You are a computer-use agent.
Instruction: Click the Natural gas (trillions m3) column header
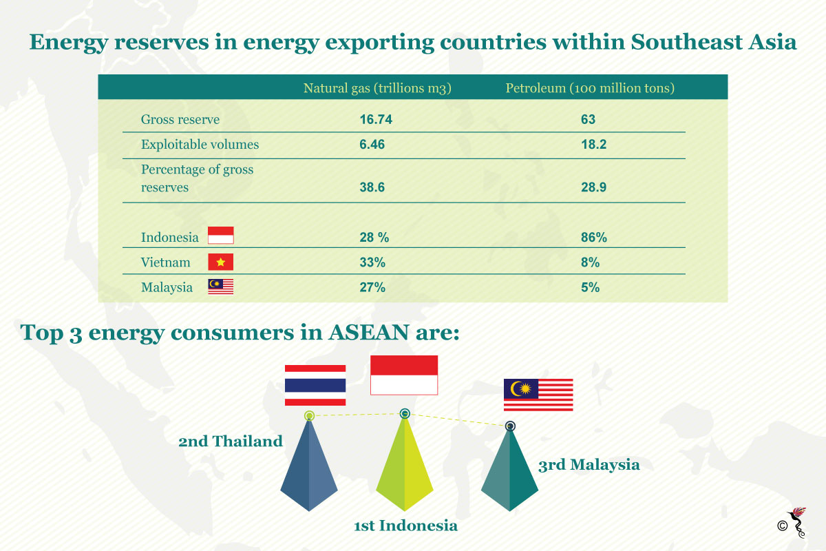coord(377,88)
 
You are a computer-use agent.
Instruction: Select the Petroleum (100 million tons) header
coord(590,88)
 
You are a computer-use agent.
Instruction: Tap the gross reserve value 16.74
coord(376,119)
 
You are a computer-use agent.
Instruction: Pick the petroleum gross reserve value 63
coord(588,119)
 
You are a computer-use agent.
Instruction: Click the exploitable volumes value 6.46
coord(372,145)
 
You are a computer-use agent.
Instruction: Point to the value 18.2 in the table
coord(593,145)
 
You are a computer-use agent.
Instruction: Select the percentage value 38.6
coord(372,187)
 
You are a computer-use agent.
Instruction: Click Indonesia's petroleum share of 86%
coord(593,237)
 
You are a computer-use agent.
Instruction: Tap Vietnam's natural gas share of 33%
coord(372,262)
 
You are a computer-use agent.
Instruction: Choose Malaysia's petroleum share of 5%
coord(590,287)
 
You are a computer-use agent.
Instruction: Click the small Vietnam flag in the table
coord(220,262)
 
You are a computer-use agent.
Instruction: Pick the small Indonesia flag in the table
coord(220,236)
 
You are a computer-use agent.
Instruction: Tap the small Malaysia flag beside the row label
coord(220,287)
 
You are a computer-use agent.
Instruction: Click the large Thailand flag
coord(315,385)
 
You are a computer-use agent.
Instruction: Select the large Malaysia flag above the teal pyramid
coord(538,395)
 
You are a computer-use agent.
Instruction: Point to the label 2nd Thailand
coord(231,441)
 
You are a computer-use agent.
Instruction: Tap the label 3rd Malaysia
coord(589,465)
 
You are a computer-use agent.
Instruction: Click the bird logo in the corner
coord(797,522)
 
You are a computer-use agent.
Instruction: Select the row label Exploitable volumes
coord(200,145)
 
